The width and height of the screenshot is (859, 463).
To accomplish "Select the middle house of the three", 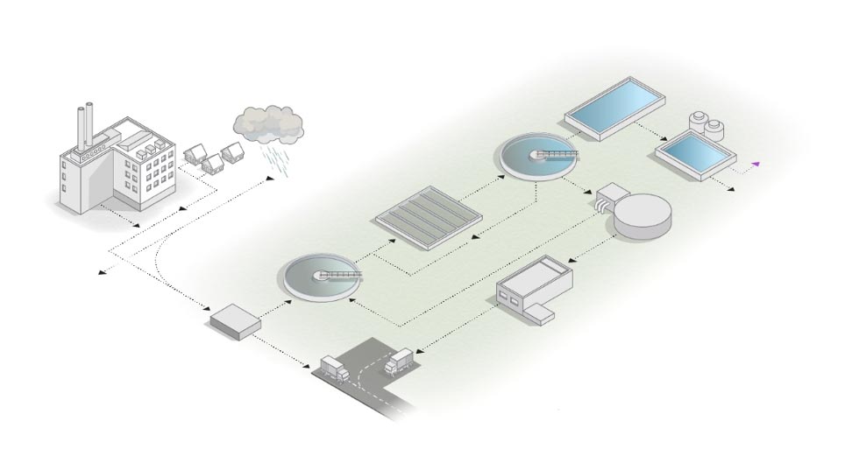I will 211,163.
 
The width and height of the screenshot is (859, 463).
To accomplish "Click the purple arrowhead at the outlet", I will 755,163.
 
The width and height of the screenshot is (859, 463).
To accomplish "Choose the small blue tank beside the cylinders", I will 696,154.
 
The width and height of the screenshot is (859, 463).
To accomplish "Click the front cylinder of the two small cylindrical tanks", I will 716,130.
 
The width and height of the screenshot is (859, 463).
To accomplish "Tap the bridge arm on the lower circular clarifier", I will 340,276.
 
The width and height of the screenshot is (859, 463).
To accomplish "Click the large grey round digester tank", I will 643,214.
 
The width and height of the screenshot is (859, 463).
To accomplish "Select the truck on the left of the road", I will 334,368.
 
